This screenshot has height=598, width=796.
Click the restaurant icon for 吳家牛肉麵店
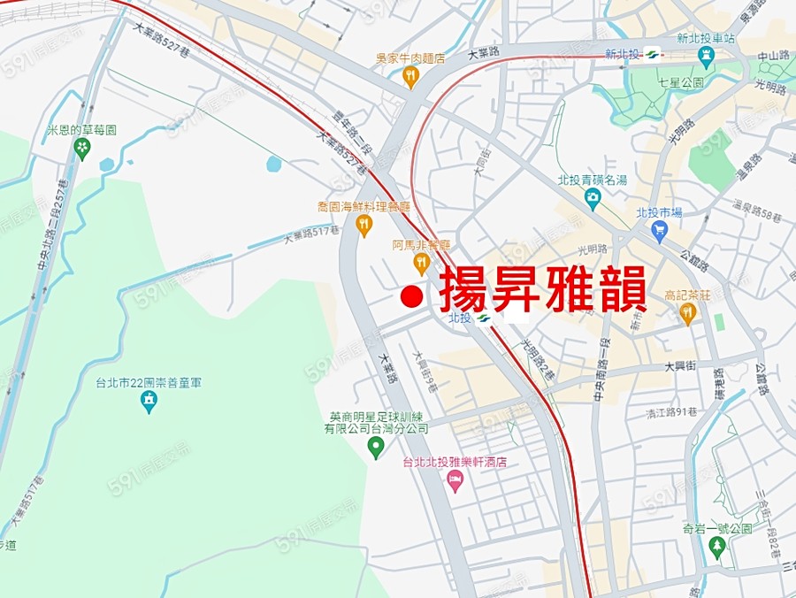pyautogui.click(x=409, y=77)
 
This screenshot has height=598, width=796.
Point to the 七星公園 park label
pyautogui.click(x=680, y=82)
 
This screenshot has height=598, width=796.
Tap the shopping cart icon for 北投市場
pyautogui.click(x=659, y=231)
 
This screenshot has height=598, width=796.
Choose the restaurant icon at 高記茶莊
pyautogui.click(x=689, y=313)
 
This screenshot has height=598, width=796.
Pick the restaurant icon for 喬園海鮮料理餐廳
pyautogui.click(x=364, y=226)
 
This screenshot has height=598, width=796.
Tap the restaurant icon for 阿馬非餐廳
pyautogui.click(x=421, y=263)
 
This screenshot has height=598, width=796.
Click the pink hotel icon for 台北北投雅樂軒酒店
pyautogui.click(x=455, y=481)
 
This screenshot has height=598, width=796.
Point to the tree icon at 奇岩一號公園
pyautogui.click(x=717, y=548)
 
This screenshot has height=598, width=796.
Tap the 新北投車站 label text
pyautogui.click(x=706, y=39)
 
